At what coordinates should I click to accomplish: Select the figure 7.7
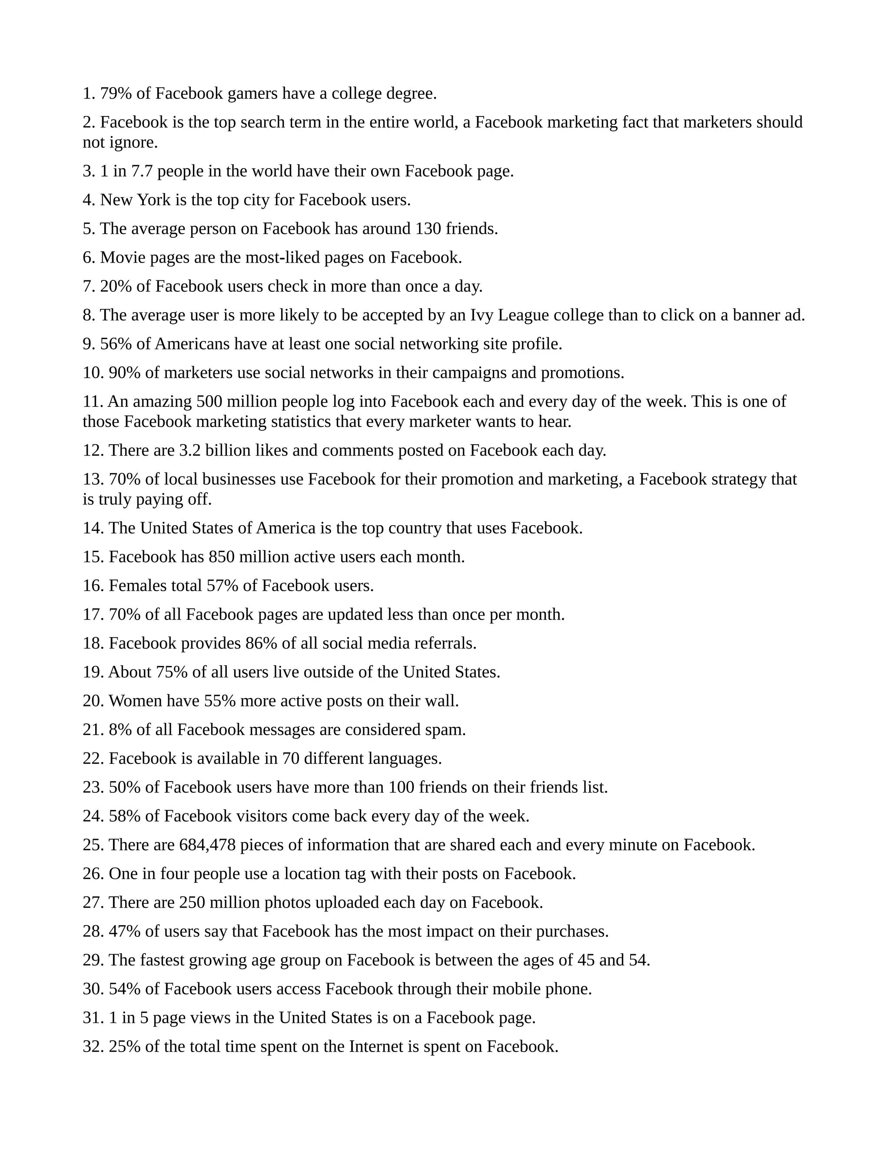(142, 171)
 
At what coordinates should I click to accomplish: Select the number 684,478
(207, 845)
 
